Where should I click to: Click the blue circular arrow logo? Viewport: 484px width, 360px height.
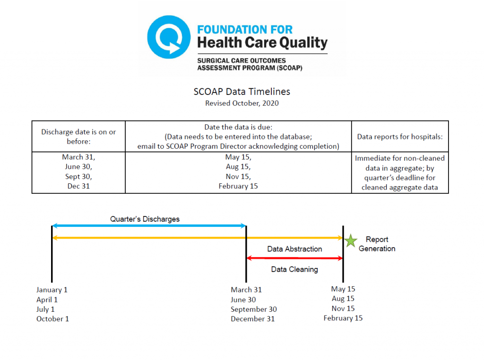[169, 37]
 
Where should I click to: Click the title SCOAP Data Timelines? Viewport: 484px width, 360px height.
[242, 92]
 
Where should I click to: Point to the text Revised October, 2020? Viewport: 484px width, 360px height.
[242, 103]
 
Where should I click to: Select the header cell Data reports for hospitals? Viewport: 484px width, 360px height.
[400, 137]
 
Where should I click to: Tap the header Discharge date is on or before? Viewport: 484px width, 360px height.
[78, 137]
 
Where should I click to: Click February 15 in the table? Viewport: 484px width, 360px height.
[238, 186]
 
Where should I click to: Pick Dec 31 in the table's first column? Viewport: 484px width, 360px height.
[78, 186]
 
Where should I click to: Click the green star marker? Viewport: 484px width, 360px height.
[350, 240]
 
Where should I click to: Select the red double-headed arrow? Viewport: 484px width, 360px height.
[294, 258]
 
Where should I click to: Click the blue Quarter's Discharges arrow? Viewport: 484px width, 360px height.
[149, 226]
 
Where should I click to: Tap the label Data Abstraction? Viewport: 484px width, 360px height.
[294, 249]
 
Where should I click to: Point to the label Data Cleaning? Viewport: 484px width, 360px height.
[294, 269]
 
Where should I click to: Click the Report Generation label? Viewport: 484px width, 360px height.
[377, 244]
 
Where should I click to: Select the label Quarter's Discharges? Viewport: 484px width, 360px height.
[145, 219]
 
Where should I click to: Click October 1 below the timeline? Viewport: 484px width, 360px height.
[52, 319]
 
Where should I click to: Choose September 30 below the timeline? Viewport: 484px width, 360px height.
[253, 309]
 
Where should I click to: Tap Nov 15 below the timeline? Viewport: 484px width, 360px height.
[343, 308]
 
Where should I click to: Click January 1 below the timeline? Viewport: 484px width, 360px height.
[52, 290]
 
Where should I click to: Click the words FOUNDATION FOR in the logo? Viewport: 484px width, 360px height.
[245, 30]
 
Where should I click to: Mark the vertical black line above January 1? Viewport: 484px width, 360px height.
[52, 254]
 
